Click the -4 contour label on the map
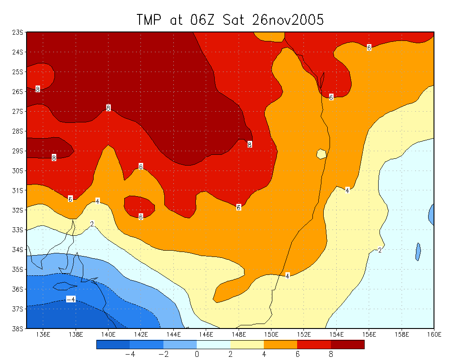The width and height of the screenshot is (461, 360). (x=71, y=299)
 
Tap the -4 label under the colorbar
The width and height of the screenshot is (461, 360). (x=130, y=354)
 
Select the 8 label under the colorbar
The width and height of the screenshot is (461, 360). (x=331, y=354)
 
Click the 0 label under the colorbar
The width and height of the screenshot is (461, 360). (x=197, y=354)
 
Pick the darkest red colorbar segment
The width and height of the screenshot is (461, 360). (x=348, y=344)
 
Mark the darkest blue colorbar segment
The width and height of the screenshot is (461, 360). (x=113, y=344)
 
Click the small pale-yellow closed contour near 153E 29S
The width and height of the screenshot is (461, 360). (x=321, y=153)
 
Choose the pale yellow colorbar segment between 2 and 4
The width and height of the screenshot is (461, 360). (x=247, y=344)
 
